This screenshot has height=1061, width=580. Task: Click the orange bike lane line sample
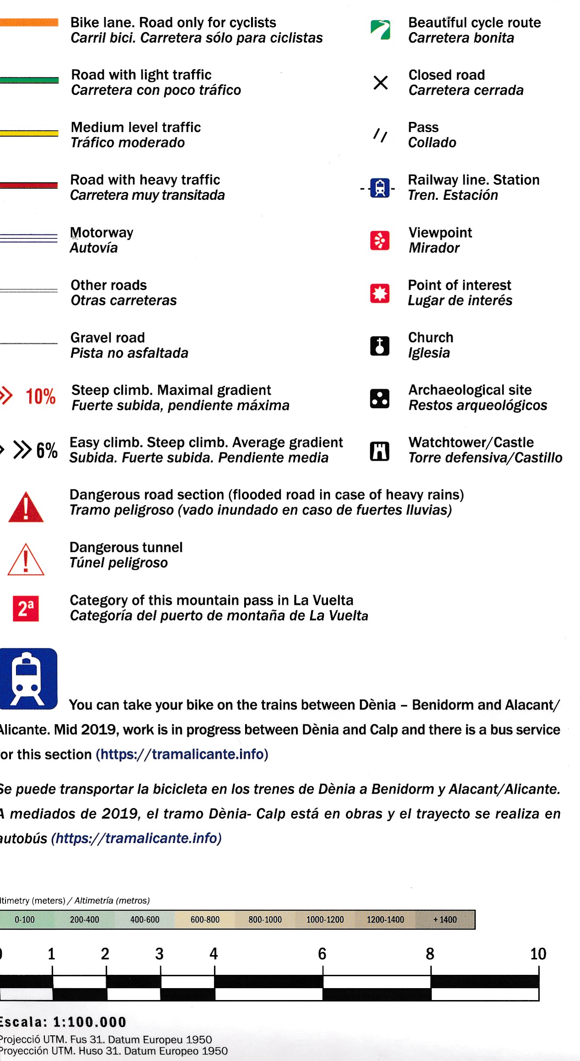(x=29, y=22)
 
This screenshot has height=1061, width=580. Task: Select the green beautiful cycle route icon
(x=380, y=30)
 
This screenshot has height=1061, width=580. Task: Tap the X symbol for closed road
(x=380, y=82)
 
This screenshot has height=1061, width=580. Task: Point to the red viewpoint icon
(x=379, y=240)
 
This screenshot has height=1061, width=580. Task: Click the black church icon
(x=379, y=346)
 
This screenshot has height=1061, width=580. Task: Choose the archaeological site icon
(x=379, y=398)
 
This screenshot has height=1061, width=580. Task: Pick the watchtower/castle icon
(x=379, y=451)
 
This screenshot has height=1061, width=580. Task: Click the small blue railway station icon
(x=380, y=188)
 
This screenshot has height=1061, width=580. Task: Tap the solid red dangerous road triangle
(x=26, y=507)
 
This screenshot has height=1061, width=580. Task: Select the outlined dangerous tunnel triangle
(x=26, y=560)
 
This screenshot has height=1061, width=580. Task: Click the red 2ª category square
(x=26, y=608)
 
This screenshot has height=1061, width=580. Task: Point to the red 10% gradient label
(x=40, y=396)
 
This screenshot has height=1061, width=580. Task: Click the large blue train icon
(x=28, y=678)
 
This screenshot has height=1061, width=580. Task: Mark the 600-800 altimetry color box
(x=205, y=919)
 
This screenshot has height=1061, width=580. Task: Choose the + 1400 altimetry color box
(x=445, y=919)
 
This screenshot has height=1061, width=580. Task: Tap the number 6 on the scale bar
(x=322, y=954)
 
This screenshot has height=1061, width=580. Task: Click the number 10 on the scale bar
(x=538, y=954)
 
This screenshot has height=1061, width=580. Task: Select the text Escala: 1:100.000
(x=63, y=1022)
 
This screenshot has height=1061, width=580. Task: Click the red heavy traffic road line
(x=29, y=185)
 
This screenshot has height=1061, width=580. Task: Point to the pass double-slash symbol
(x=380, y=135)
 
